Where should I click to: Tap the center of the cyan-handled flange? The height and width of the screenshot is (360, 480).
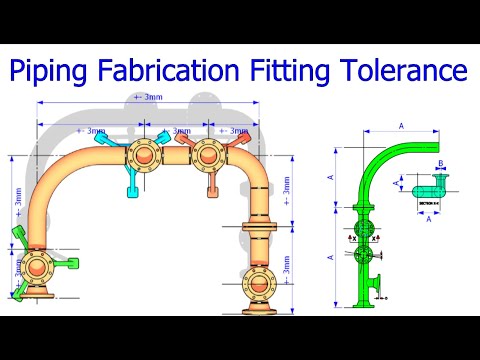click(x=142, y=155)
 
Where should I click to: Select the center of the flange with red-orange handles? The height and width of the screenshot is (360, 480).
click(x=208, y=155)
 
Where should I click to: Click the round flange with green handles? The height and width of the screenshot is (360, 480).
click(x=41, y=267)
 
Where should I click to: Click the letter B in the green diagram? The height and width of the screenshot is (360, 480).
click(x=440, y=162)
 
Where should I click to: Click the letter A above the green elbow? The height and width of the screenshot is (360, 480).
click(x=400, y=126)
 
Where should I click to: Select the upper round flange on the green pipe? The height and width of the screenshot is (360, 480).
click(x=362, y=219)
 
